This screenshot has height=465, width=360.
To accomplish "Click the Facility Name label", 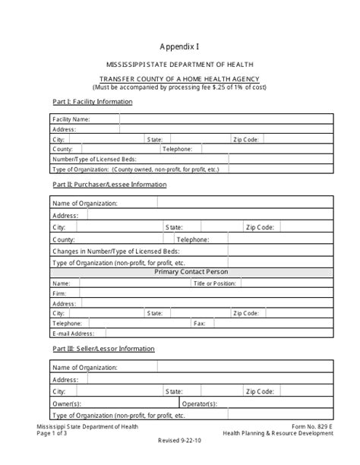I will click(x=71, y=119).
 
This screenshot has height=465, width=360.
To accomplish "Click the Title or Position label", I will click(x=215, y=283).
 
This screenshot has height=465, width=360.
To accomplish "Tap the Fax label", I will click(x=200, y=322).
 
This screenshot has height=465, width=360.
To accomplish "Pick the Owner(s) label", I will click(x=67, y=403).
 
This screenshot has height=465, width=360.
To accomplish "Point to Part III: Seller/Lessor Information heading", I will click(x=103, y=349).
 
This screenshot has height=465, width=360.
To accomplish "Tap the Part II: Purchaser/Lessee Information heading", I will click(x=109, y=185).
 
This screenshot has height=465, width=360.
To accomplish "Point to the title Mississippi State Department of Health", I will click(x=179, y=65).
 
